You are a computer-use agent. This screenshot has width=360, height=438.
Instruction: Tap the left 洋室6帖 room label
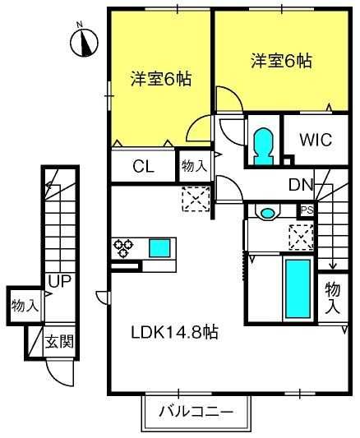pos(161,79)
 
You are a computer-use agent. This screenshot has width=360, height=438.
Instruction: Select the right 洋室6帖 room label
pos(281,60)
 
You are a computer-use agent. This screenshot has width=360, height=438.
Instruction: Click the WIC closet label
pos(311,139)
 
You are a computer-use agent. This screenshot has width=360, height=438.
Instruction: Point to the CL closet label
pos(143,167)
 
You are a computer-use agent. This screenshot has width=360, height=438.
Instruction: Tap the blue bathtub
pos(297,291)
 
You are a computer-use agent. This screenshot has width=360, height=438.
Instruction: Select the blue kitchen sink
pos(160,247)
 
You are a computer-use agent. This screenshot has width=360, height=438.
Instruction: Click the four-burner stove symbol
pos(123,246)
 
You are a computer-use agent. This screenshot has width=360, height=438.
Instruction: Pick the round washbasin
pos(267,213)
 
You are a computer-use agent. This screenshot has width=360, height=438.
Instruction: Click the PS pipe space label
pos(307,210)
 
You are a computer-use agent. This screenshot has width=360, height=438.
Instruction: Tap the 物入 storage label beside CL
pos(194,167)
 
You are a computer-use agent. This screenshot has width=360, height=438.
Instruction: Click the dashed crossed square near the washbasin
pos(300,237)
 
